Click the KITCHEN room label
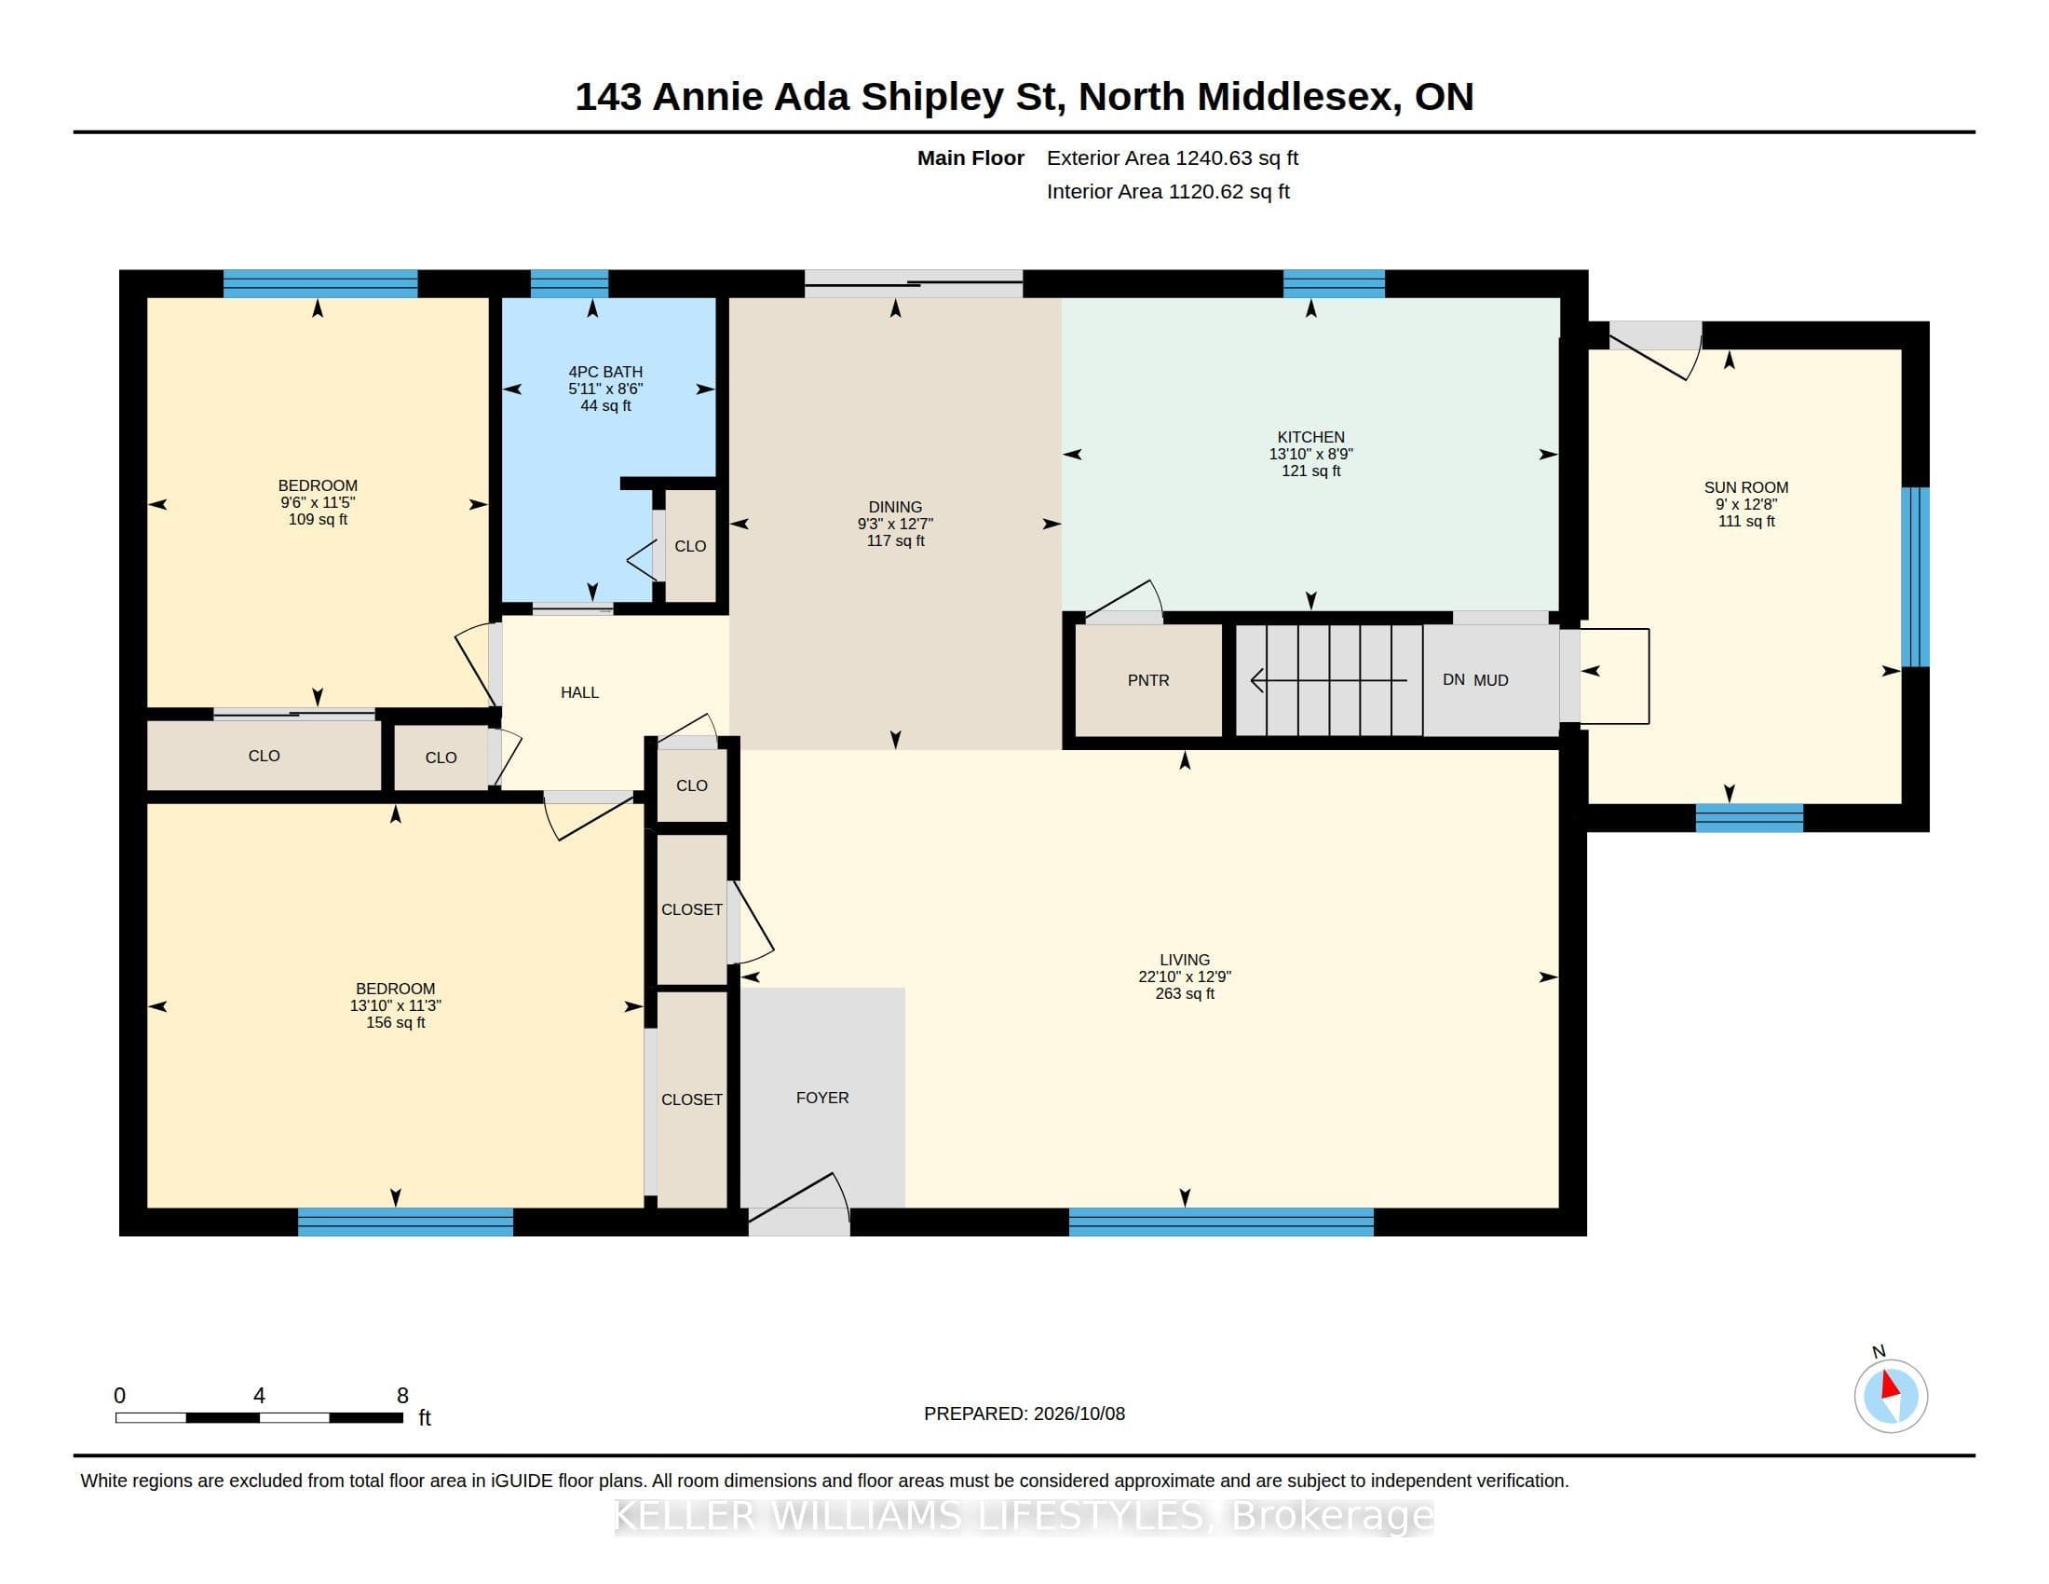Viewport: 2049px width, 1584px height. point(1310,437)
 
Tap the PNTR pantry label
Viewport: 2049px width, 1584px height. point(1148,680)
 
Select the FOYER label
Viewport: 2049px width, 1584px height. point(821,1098)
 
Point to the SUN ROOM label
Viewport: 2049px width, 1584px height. point(1746,487)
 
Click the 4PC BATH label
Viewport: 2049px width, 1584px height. point(605,372)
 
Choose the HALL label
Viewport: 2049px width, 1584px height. point(580,692)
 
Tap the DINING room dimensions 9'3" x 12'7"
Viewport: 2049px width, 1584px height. point(895,524)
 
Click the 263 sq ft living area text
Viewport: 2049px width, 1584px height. point(1185,994)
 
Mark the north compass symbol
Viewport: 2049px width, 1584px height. point(1891,1396)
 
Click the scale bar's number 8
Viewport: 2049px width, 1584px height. point(402,1396)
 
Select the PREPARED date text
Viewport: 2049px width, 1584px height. point(1024,1413)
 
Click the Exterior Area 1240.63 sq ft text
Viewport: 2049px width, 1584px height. point(1173,157)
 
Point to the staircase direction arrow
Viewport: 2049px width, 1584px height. point(1329,679)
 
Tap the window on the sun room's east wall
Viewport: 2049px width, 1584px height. point(1915,577)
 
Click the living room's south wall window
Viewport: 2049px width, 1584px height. point(1221,1222)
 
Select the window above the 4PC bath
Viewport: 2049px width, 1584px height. point(569,283)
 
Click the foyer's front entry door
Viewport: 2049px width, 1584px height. point(798,1205)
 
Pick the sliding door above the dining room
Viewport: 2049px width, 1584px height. point(914,283)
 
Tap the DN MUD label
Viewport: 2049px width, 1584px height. point(1475,680)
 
